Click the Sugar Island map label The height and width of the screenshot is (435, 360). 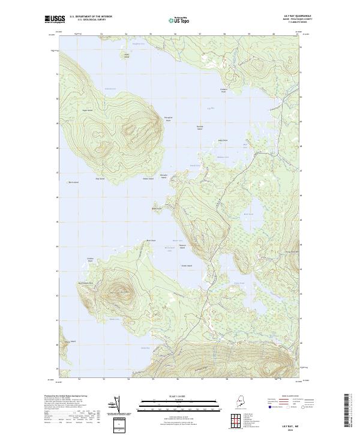point(88,110)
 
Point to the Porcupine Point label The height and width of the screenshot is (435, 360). point(169,119)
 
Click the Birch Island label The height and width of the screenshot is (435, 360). point(73,182)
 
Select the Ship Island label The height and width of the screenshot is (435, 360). point(100,178)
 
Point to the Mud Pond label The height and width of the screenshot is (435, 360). point(248,214)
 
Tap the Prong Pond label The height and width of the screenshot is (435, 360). point(239,283)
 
